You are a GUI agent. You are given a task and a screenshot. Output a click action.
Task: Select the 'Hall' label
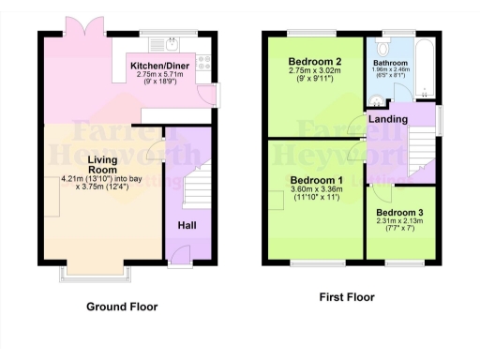pos(187,226)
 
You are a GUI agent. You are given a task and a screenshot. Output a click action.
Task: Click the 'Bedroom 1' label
pos(316,180)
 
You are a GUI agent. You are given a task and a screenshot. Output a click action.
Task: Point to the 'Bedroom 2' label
pos(315,63)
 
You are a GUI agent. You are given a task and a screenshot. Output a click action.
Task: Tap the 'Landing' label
pos(387,119)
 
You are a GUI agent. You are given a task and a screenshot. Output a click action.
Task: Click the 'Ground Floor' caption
pos(122,307)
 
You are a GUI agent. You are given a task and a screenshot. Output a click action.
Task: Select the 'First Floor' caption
pos(346,297)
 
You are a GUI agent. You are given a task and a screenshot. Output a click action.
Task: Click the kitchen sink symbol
pos(174,43)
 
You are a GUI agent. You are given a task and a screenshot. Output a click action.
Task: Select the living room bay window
pos(96,271)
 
